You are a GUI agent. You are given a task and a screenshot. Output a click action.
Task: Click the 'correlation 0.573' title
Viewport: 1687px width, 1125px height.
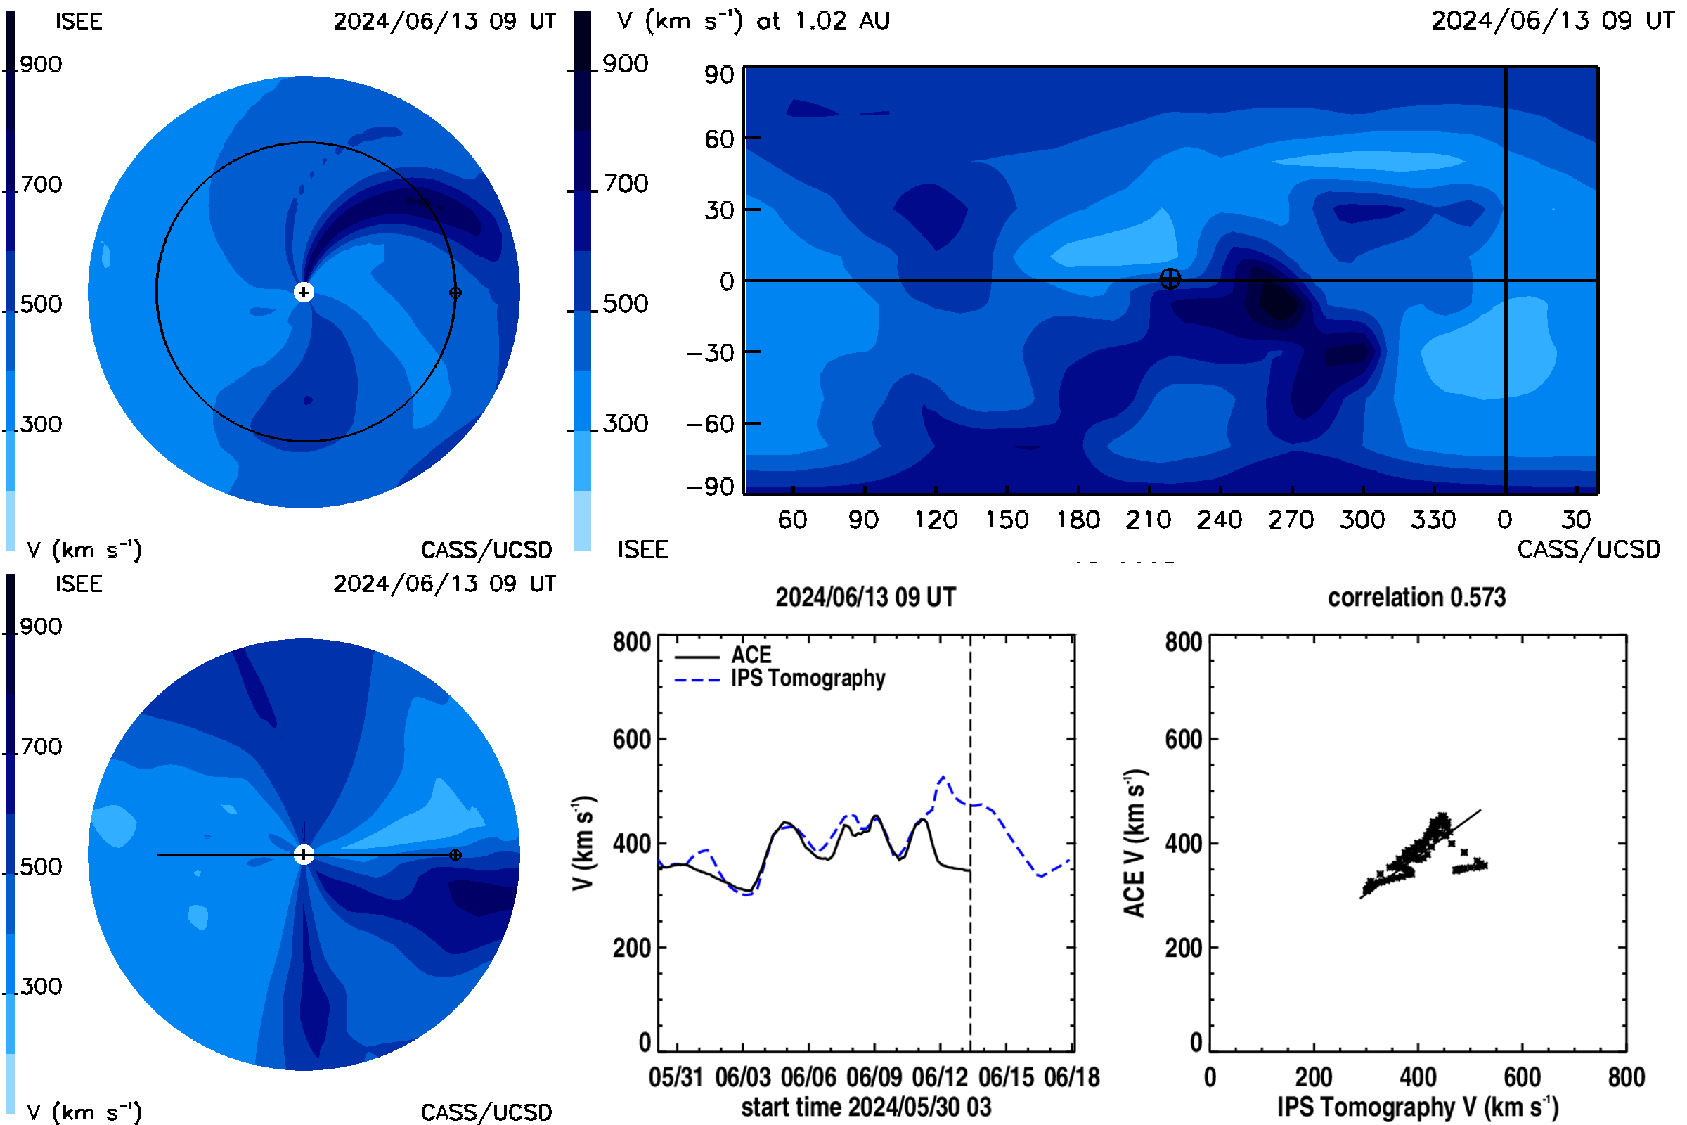pyautogui.click(x=1416, y=598)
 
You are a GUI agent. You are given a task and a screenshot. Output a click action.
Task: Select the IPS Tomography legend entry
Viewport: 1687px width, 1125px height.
pyautogui.click(x=780, y=679)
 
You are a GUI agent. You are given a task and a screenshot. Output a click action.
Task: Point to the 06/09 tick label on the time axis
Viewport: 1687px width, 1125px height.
pyautogui.click(x=874, y=1077)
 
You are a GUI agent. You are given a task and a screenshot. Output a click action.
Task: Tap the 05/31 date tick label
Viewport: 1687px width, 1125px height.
pyautogui.click(x=676, y=1077)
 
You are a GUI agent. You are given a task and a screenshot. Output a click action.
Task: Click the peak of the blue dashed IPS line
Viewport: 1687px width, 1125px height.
pyautogui.click(x=943, y=776)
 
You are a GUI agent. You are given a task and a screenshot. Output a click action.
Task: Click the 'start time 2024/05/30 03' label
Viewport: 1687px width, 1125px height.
pyautogui.click(x=866, y=1107)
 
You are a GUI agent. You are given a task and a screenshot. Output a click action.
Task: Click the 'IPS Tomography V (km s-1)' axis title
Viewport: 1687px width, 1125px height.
pyautogui.click(x=1418, y=1107)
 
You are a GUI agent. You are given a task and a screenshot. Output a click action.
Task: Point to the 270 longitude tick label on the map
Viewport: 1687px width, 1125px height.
pyautogui.click(x=1291, y=520)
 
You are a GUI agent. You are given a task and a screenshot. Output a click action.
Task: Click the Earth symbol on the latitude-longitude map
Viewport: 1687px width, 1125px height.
pyautogui.click(x=1170, y=279)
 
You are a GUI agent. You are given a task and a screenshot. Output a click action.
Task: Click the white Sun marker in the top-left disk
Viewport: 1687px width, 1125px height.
pyautogui.click(x=304, y=292)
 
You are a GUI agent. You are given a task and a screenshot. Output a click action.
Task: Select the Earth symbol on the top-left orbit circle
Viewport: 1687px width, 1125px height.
pyautogui.click(x=455, y=292)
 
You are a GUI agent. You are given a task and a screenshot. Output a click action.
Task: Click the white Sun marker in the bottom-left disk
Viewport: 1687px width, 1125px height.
pyautogui.click(x=304, y=854)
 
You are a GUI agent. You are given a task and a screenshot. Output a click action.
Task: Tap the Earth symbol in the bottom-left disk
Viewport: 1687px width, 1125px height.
pyautogui.click(x=455, y=855)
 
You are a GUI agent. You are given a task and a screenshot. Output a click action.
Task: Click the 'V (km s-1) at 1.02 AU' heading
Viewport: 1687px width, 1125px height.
pyautogui.click(x=753, y=21)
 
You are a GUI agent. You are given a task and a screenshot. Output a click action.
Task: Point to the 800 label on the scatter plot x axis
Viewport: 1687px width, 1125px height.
pyautogui.click(x=1626, y=1077)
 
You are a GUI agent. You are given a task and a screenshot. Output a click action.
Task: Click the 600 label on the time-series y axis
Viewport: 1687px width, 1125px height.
pyautogui.click(x=632, y=739)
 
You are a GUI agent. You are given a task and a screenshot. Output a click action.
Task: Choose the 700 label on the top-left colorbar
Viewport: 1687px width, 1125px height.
pyautogui.click(x=41, y=184)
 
